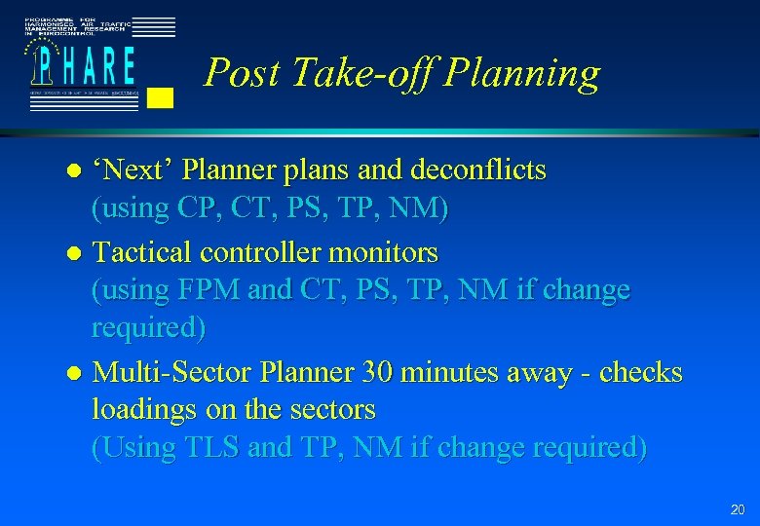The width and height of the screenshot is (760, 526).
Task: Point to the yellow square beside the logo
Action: click(x=162, y=96)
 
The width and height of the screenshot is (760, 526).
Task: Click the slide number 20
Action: click(x=737, y=509)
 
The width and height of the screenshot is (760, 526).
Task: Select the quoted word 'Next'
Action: click(x=131, y=170)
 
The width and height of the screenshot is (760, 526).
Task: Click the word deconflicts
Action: click(x=480, y=170)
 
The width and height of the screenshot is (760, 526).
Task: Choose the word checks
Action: click(x=641, y=372)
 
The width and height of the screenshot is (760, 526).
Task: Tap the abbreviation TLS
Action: click(x=213, y=448)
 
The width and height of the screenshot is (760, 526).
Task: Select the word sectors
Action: click(x=331, y=410)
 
